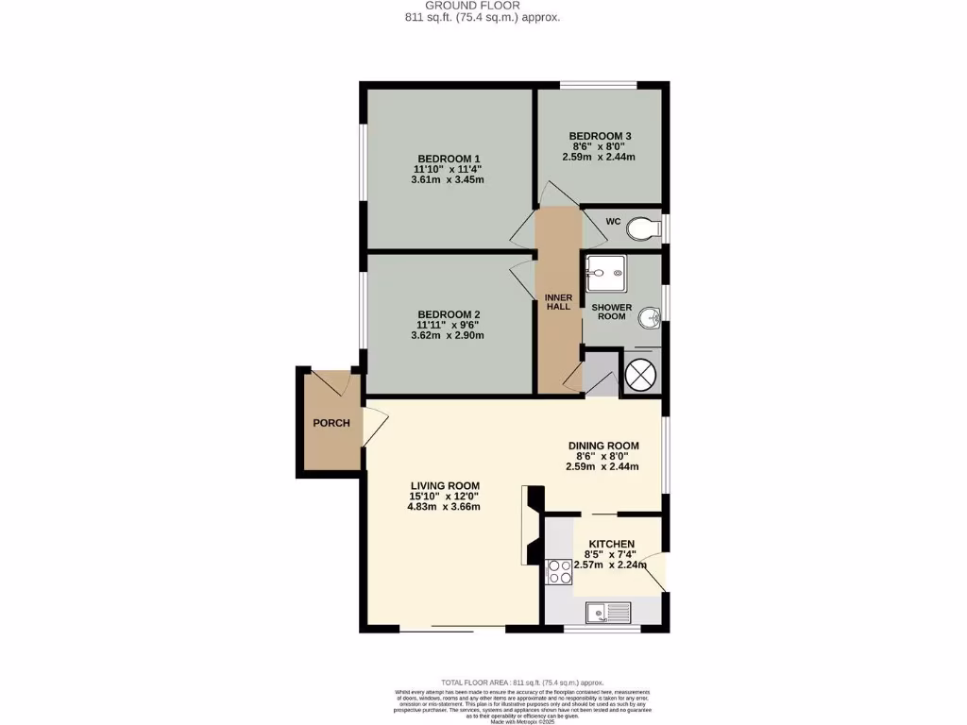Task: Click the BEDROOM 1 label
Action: pos(449,158)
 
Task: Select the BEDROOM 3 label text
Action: pos(600,137)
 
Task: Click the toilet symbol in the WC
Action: pos(644,228)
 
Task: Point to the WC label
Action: pos(612,222)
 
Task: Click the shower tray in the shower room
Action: pos(603,273)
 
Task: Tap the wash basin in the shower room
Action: pos(648,316)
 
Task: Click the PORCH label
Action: pos(331,423)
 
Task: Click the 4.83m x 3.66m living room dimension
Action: pos(444,507)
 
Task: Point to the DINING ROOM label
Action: pos(602,446)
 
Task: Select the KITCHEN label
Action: pos(612,544)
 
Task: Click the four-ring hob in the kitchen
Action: pos(559,572)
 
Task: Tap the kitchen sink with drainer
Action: pos(608,614)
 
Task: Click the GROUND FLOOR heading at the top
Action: pos(484,6)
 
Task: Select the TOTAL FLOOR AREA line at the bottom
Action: pos(522,683)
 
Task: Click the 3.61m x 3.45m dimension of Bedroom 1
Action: pos(449,179)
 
